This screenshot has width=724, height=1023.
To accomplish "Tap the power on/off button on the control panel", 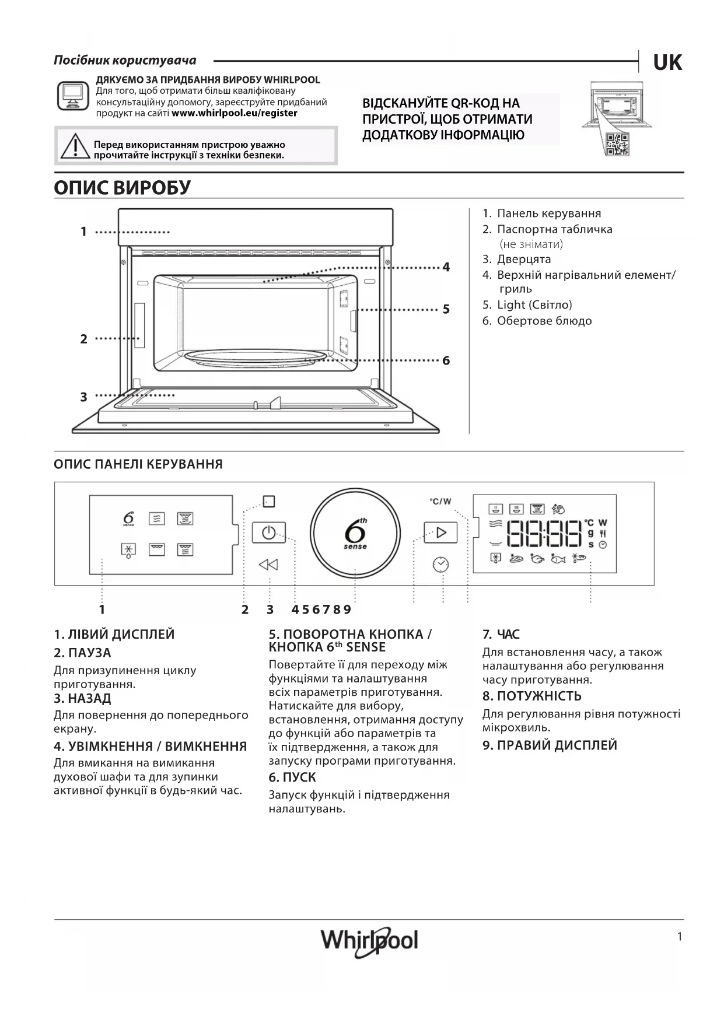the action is [268, 532].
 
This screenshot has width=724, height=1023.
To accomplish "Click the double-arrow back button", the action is [268, 565].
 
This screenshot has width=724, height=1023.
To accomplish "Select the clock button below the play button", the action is [440, 565].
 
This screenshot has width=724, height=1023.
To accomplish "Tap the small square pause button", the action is [268, 501].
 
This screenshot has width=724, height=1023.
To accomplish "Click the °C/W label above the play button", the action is [440, 502].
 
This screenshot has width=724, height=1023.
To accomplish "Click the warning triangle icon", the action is [74, 146].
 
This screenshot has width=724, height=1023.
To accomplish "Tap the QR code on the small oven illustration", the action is [617, 144].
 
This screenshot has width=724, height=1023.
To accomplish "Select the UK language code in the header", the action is [667, 62].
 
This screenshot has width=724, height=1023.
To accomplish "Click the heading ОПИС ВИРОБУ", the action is [123, 188].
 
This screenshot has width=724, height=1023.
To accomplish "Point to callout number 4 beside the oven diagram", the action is [446, 267].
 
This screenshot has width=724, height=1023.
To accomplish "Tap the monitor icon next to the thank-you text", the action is [73, 96].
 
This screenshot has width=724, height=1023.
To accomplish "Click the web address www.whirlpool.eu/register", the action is [235, 113].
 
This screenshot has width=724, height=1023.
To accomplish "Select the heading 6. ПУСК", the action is [292, 777].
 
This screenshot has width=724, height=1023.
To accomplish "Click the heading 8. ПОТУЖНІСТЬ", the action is [531, 696].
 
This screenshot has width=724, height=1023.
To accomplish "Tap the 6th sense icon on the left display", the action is [129, 518].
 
